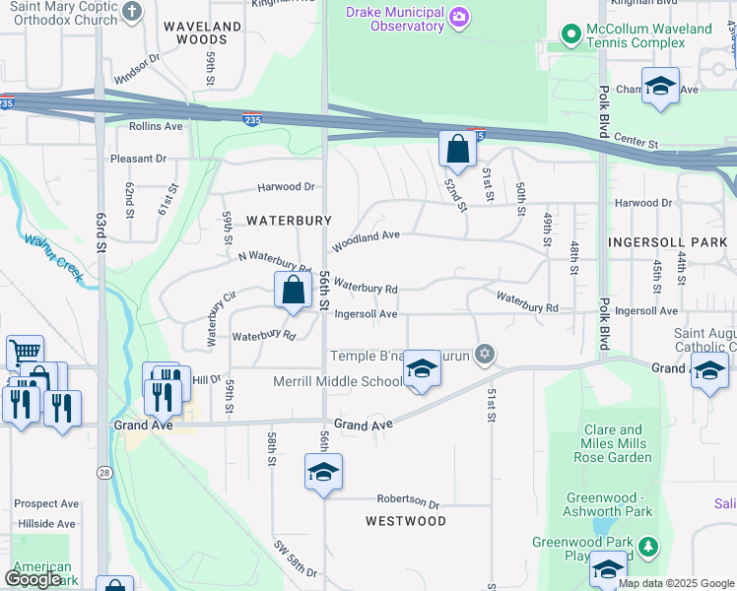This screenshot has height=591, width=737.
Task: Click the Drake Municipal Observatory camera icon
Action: click(x=458, y=17)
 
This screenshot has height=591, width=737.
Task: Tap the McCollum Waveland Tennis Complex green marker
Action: click(x=570, y=34)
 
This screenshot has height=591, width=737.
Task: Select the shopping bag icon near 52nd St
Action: click(x=457, y=151)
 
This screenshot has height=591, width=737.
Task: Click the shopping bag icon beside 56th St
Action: click(x=293, y=292)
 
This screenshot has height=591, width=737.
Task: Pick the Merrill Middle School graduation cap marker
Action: click(x=422, y=370)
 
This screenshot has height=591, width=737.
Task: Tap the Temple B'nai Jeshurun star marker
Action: click(x=484, y=354)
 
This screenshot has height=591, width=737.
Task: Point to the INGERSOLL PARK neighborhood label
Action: click(x=667, y=241)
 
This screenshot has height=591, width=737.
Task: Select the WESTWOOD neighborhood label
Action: click(x=406, y=520)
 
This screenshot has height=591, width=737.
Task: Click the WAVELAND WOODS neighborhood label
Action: click(x=202, y=33)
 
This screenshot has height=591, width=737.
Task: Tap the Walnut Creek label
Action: click(x=54, y=258)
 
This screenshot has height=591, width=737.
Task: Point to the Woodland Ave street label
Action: click(x=366, y=237)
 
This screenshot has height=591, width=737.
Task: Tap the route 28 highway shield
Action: click(x=103, y=474)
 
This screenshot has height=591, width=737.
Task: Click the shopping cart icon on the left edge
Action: click(x=25, y=351)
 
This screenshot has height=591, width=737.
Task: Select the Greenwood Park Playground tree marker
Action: click(x=647, y=545)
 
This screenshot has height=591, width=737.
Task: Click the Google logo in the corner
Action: click(x=33, y=579)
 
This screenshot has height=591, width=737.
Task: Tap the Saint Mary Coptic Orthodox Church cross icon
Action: click(x=133, y=11)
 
